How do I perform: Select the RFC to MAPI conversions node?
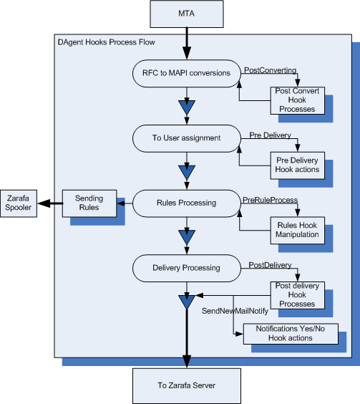pos(185,72)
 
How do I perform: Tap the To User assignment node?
pos(185,137)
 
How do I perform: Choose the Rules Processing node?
pos(185,202)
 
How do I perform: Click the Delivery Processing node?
pos(185,268)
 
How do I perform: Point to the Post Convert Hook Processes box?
pos(296,100)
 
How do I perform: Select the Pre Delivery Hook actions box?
pos(296,165)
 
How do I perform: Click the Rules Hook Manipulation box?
pos(296,230)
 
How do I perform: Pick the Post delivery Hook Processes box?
pos(296,294)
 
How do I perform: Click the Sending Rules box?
pos(89,203)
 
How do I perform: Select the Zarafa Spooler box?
pos(17,203)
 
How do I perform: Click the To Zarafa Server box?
pos(186,385)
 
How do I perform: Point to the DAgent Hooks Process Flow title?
pos(105,43)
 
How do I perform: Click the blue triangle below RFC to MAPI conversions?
pos(186,108)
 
